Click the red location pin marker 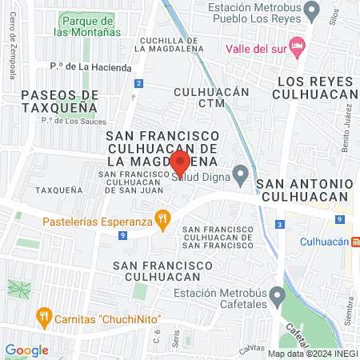(180, 162)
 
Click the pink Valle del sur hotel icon (298, 46)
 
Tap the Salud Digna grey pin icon (240, 174)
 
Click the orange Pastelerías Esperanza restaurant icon (162, 218)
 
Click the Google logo (26, 350)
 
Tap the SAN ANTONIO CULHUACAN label (304, 190)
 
